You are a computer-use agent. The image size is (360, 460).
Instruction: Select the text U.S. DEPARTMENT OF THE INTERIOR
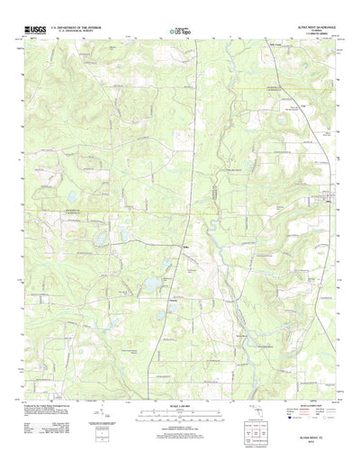coord(83,28)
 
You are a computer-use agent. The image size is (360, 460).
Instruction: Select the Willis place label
coord(185,248)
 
